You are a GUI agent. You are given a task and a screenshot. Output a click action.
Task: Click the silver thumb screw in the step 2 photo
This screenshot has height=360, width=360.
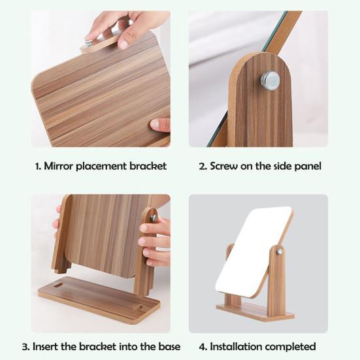[x=270, y=80]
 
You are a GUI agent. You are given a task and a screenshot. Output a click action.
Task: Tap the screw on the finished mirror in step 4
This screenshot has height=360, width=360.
[x=279, y=251]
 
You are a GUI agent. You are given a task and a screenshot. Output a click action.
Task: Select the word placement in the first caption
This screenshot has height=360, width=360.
[x=103, y=166]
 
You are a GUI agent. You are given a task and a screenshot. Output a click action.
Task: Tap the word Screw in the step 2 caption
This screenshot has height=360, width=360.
[x=224, y=166]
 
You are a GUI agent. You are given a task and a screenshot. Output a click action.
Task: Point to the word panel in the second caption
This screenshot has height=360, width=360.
[x=304, y=166]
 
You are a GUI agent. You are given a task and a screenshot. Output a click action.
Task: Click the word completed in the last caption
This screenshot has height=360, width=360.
[x=293, y=346]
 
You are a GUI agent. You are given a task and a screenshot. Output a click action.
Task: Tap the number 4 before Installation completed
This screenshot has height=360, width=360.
[x=201, y=346]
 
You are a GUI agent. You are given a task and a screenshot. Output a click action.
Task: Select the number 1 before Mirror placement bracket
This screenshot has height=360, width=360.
[x=37, y=166]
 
